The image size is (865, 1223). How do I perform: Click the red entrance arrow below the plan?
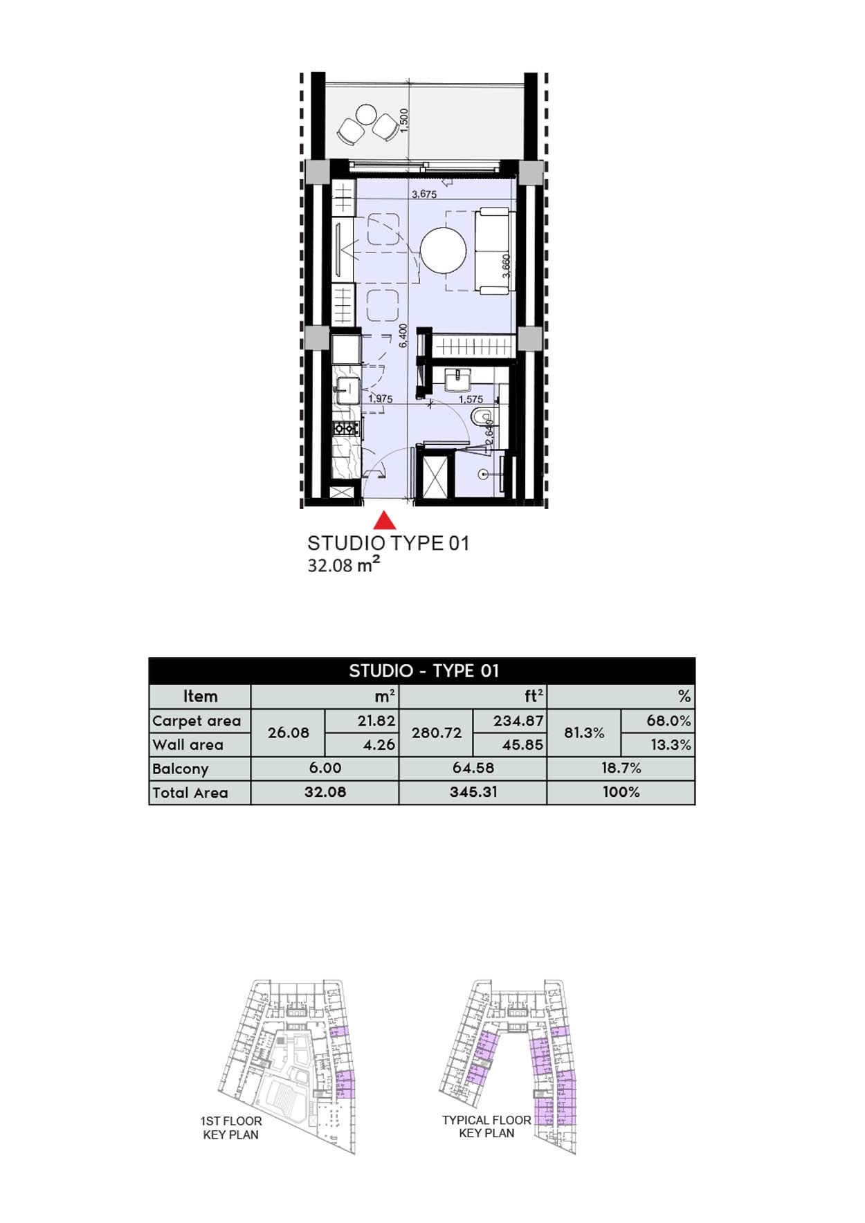coord(385,520)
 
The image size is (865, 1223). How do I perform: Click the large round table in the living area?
coord(444,250)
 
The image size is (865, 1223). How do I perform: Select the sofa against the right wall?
coord(493,250)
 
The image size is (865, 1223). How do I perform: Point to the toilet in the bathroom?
coord(480,417)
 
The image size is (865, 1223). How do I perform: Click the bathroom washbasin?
coord(457,380)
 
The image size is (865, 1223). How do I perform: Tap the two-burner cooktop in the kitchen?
coord(345,428)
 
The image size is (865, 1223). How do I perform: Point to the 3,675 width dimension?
coord(424,194)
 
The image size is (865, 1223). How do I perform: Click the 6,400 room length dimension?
coord(403,336)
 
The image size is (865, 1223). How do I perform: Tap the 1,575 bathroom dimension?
coord(471,399)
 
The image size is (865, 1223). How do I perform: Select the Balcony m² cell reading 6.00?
coord(325,768)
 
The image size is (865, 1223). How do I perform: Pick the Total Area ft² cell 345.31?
coord(473,792)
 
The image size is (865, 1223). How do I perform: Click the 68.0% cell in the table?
coord(668,721)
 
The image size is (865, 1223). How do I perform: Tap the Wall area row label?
coord(188,745)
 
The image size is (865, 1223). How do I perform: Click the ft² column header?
coord(534,696)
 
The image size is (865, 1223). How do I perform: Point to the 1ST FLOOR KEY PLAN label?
coord(231,1128)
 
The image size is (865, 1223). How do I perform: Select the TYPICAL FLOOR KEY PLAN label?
coord(486,1126)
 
